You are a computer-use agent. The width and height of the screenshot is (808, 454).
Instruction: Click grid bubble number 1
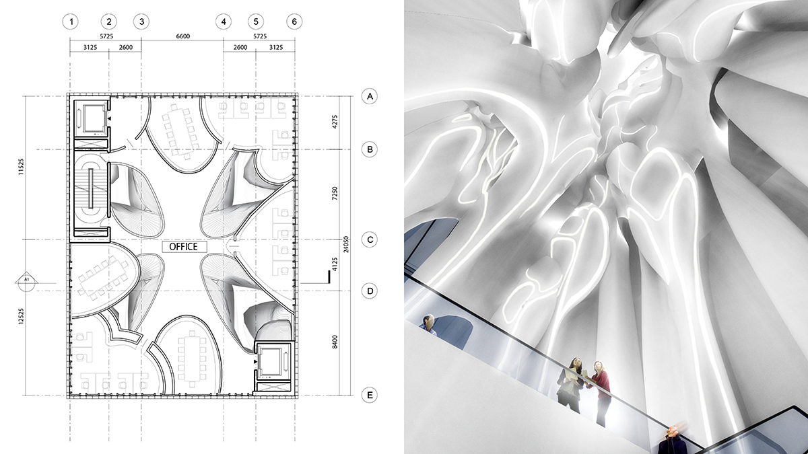70,22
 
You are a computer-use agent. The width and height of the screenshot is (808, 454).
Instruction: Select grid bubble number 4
224,22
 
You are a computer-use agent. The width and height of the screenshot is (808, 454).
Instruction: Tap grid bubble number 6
294,22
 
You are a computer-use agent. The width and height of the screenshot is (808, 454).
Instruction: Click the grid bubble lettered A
370,96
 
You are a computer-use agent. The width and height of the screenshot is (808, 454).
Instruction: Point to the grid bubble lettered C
370,239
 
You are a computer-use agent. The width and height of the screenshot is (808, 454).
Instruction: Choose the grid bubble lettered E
370,395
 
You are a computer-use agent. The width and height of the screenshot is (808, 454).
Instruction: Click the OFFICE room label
184,247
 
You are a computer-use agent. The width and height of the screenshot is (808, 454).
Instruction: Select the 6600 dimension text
183,36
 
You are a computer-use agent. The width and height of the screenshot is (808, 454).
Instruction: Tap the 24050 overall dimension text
346,244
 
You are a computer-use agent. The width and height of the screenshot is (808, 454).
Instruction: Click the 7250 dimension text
335,194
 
